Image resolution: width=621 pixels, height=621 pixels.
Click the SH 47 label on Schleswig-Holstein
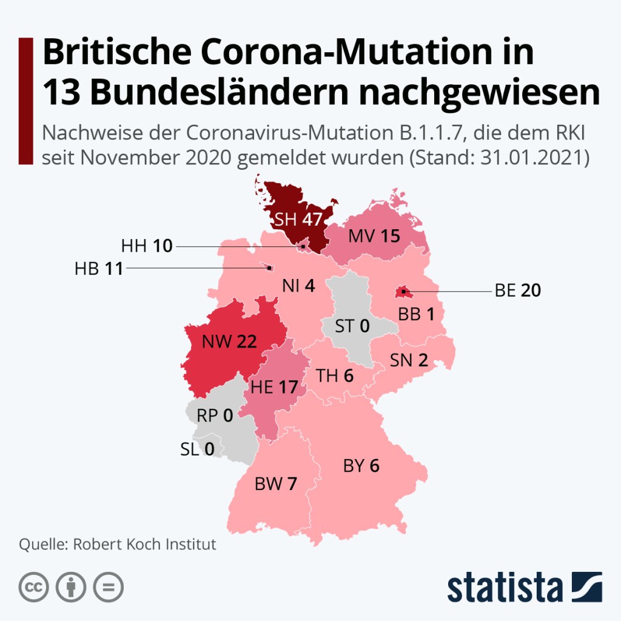[298, 220]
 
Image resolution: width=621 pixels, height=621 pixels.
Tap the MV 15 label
[374, 236]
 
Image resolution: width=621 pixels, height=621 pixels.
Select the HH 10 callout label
[147, 246]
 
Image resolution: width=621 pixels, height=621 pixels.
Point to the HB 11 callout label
[98, 268]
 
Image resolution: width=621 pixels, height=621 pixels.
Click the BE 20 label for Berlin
[517, 291]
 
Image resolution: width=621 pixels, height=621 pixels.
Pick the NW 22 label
[229, 342]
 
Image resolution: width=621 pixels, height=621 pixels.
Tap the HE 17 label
[277, 386]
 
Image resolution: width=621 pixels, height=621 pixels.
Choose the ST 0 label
[352, 326]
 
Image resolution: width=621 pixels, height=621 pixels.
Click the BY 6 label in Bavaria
[361, 466]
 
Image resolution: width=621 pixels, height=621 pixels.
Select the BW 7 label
[276, 484]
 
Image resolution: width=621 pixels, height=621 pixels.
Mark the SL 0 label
[198, 449]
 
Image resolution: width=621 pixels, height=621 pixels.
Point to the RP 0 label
[215, 416]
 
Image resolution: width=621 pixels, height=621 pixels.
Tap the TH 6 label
[335, 376]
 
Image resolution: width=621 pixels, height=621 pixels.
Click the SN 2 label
[409, 361]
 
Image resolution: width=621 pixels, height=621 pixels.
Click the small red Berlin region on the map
[401, 292]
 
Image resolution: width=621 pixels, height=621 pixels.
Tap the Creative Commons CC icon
[34, 587]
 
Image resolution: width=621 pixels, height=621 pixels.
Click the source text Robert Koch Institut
[144, 544]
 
